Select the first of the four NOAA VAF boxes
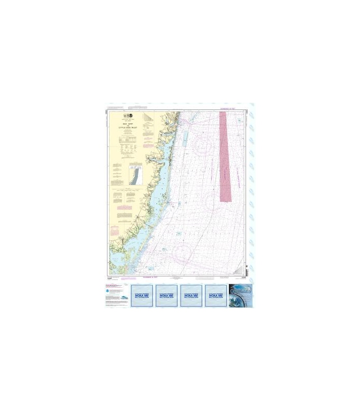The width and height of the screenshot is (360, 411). [142, 296]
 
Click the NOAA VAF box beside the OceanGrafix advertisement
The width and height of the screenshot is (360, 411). [216, 296]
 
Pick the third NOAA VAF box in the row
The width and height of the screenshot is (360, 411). [191, 296]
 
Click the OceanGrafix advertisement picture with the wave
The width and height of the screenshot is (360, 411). [240, 296]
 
